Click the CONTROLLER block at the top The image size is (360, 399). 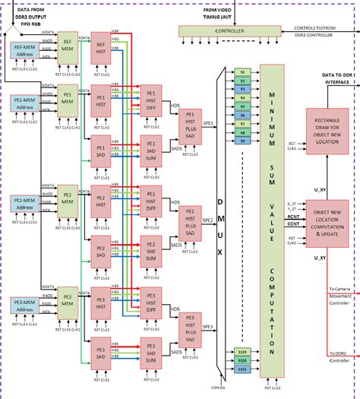click(229, 31)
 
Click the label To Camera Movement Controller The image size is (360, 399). click(343, 296)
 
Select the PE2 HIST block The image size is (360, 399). click(99, 202)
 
